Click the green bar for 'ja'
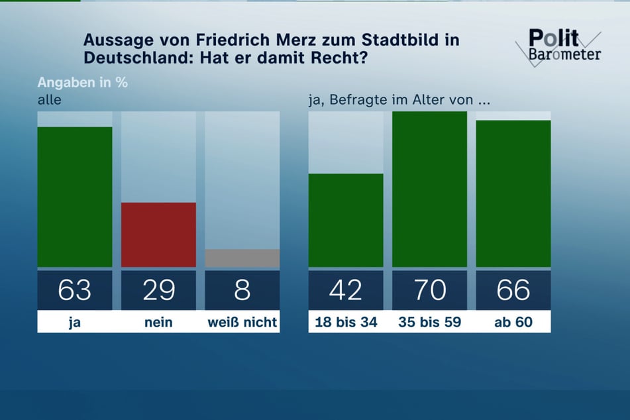[x=75, y=196]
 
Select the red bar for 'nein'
[x=158, y=235]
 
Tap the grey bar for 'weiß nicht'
[x=242, y=258]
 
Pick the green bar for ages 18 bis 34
[x=346, y=220]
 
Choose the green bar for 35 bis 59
[x=429, y=189]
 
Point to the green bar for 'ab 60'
[x=513, y=193]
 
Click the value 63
[x=75, y=290]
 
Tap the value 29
[x=158, y=290]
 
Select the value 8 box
[x=242, y=290]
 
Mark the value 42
[x=346, y=290]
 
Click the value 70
[x=429, y=290]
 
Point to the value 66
[x=513, y=290]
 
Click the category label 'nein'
[x=158, y=322]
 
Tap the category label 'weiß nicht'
[x=242, y=322]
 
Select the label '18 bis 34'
[x=346, y=322]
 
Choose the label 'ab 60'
[x=513, y=322]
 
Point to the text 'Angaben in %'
[x=82, y=83]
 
